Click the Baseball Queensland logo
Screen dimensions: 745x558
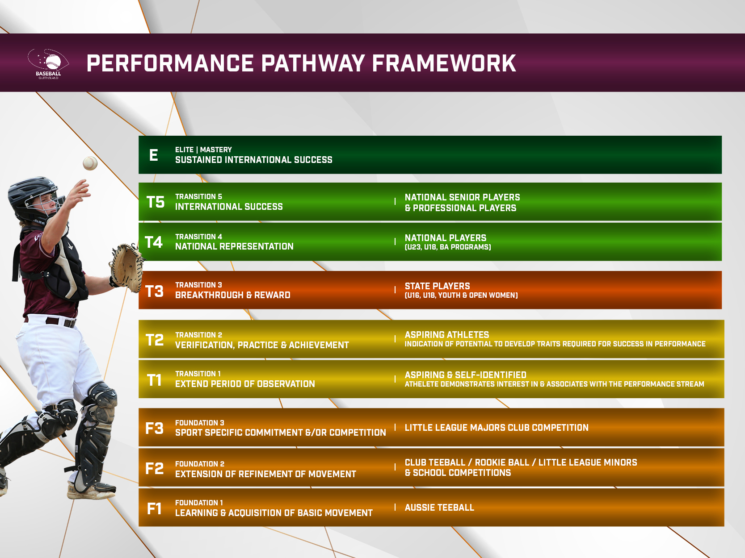[x=48, y=64]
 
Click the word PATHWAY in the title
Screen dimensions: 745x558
[x=312, y=63]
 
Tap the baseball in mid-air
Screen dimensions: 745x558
[x=90, y=163]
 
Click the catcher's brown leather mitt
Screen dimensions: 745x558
[x=126, y=268]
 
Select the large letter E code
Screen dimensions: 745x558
[x=154, y=155]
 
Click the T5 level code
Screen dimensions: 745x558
[x=156, y=202]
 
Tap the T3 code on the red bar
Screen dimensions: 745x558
[x=155, y=291]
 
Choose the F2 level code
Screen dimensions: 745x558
[x=155, y=469]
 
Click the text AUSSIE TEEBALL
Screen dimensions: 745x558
[x=439, y=508]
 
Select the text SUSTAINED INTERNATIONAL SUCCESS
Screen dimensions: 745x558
[x=253, y=160]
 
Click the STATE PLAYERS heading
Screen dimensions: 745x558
[x=437, y=286]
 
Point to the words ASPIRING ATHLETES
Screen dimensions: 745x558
[x=446, y=335]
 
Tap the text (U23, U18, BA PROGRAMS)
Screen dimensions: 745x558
[x=448, y=247]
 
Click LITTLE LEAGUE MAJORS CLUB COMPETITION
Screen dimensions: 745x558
[x=497, y=428]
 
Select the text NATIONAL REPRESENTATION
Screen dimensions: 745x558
[x=234, y=246]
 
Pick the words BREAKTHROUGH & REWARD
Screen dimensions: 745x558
[x=232, y=295]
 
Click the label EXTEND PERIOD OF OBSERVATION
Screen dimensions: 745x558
[x=245, y=384]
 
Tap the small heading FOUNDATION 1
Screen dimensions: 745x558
[x=199, y=503]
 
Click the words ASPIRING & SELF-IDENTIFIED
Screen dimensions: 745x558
[x=465, y=375]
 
